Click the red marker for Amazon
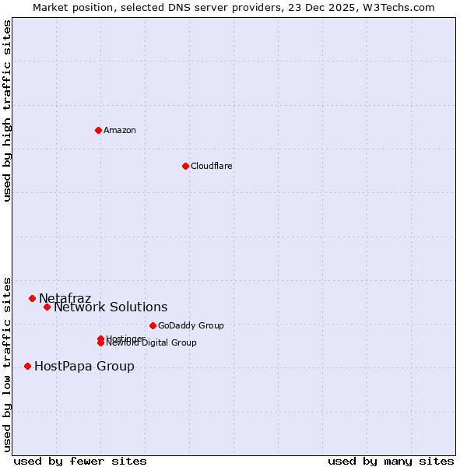98,130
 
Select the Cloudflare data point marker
185,166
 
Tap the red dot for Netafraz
32,298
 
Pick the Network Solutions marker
47,307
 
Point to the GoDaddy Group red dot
153,325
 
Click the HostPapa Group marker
27,366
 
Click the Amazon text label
120,130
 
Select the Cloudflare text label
211,166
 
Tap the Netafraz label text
65,298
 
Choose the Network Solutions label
111,307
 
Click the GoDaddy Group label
191,325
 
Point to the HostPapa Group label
84,366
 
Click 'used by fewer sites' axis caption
80,461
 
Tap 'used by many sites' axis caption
391,461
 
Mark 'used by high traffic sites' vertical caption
8,111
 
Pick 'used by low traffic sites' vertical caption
8,364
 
